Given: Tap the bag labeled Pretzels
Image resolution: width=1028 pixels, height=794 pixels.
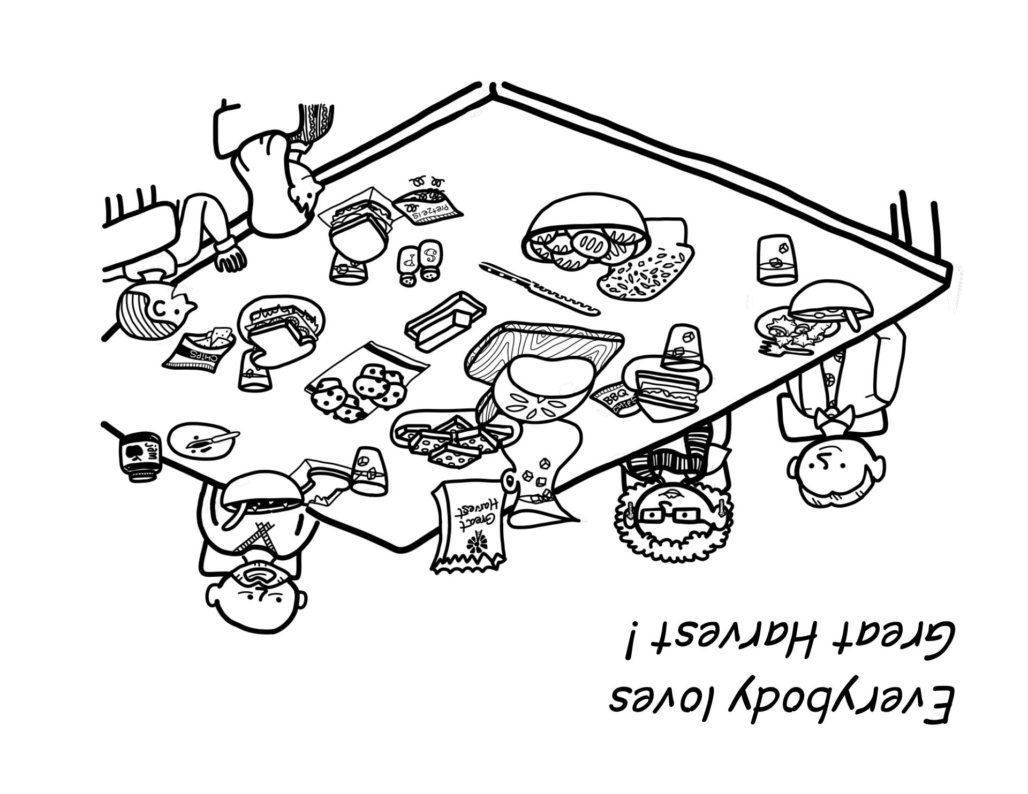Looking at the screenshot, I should (428, 209).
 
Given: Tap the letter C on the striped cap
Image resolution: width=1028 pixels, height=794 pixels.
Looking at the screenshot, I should (160, 308).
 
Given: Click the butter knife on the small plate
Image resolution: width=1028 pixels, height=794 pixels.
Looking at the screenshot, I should (211, 440).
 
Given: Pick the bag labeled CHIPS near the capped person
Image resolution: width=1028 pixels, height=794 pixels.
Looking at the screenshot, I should (198, 350).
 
